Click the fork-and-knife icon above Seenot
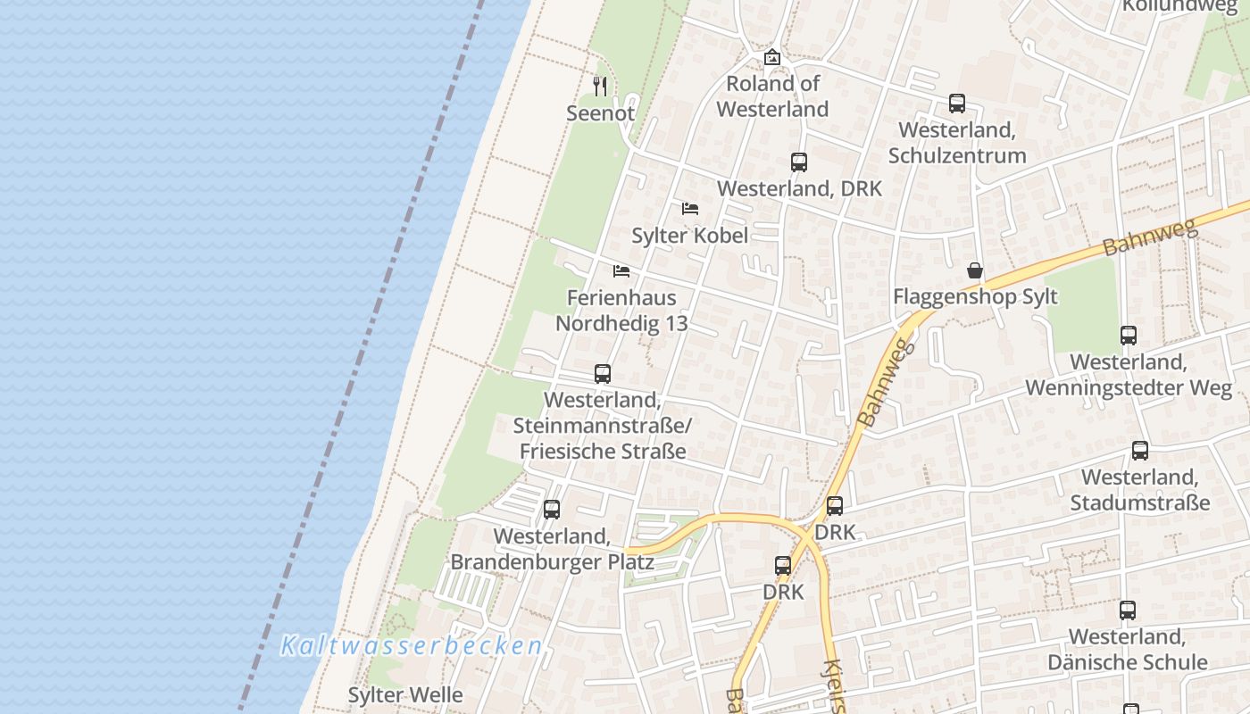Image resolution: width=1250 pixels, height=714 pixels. [x=600, y=86]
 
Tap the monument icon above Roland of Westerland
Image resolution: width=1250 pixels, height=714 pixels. [x=772, y=57]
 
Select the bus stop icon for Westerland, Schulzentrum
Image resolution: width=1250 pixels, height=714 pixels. [x=957, y=104]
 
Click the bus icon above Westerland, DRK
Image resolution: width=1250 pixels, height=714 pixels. [x=799, y=162]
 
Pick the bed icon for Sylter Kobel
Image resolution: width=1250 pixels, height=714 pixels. [x=690, y=209]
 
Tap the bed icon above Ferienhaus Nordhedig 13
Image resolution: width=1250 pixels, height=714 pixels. [x=621, y=270]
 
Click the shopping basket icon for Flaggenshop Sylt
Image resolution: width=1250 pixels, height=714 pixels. [x=975, y=270]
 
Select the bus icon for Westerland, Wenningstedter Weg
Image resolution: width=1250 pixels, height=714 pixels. [x=1129, y=336]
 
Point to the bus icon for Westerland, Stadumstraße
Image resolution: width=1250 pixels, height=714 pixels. [x=1140, y=451]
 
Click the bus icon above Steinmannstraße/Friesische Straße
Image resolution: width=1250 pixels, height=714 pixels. [x=603, y=374]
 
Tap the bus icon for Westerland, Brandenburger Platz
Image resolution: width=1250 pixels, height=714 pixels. [x=552, y=510]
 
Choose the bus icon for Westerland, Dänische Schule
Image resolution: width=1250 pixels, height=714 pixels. [x=1128, y=610]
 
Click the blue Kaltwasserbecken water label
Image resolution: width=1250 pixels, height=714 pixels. [x=412, y=645]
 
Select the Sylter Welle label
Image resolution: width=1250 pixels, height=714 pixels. [x=405, y=695]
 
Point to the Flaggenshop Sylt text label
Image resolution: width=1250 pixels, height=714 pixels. [x=975, y=297]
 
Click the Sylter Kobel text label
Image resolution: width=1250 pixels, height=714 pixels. [x=689, y=236]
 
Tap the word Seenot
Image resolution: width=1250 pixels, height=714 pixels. [x=600, y=113]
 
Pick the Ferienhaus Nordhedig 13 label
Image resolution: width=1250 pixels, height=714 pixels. [x=621, y=311]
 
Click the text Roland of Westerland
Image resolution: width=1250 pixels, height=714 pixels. [x=772, y=96]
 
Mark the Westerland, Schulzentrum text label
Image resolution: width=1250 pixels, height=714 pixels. [x=957, y=143]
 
